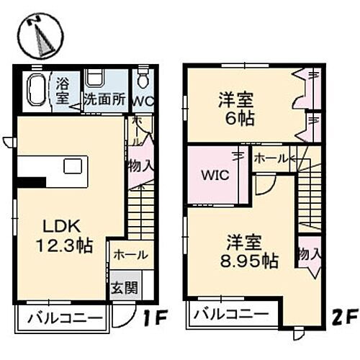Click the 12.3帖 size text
(x=64, y=246)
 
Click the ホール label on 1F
(x=131, y=255)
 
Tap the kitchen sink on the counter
(x=73, y=166)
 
